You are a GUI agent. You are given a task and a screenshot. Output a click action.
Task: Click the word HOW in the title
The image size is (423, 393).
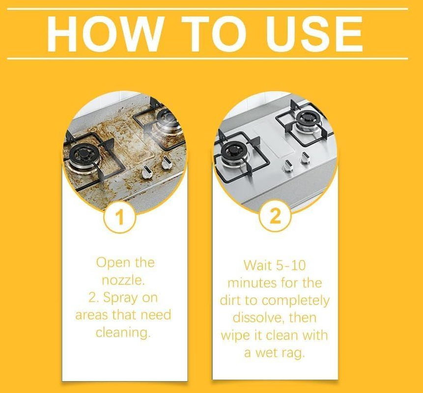105,34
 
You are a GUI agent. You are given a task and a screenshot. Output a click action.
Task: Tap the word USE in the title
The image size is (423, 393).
314,34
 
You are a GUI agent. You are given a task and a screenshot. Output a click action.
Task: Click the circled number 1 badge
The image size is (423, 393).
119,217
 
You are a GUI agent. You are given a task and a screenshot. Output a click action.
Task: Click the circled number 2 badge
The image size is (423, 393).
275,216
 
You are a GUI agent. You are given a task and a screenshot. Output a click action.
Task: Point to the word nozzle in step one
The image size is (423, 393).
123,280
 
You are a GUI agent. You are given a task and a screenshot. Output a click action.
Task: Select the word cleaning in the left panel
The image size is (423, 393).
123,333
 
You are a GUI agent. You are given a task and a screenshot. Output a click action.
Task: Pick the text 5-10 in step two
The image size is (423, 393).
290,265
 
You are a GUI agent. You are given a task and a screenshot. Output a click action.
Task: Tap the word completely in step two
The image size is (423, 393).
296,301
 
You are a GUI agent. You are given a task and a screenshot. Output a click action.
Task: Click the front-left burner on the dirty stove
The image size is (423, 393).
82,156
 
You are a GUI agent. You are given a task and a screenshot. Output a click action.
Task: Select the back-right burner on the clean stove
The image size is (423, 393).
308,120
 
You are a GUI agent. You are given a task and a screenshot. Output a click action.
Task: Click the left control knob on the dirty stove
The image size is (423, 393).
146,172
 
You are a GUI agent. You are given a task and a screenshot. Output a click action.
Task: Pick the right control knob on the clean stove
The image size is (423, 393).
305,158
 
